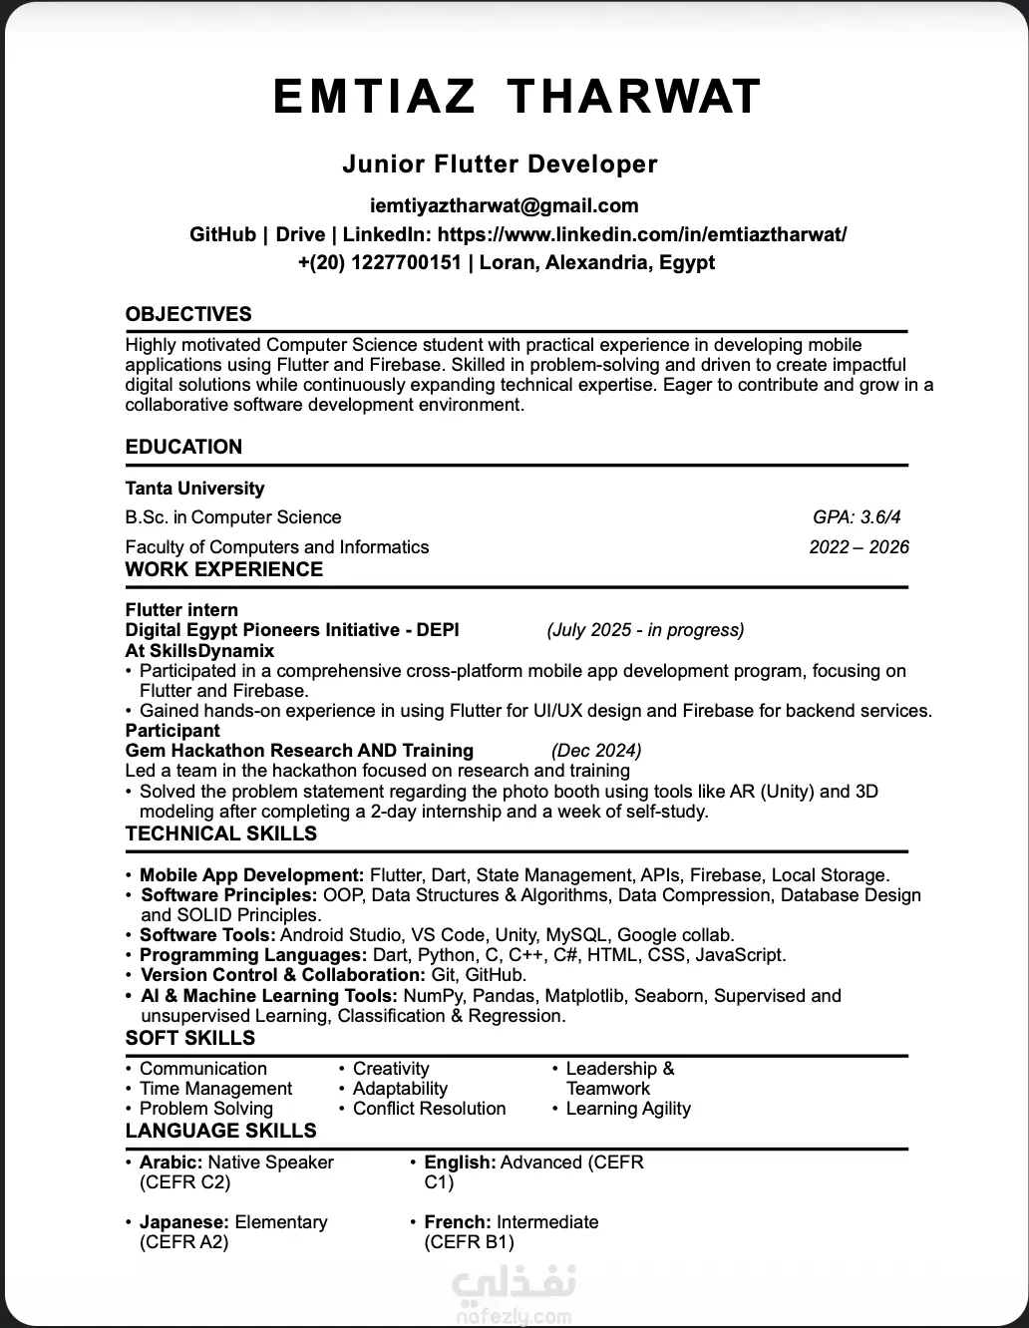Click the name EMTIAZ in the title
pos(374,97)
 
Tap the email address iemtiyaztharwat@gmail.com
pos(504,206)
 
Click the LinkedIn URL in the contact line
pos(642,235)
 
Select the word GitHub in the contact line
pos(222,235)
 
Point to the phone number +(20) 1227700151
pos(379,263)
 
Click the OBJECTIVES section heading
pos(188,314)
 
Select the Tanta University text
pos(194,489)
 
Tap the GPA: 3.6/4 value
pos(857,517)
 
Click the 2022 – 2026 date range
pos(858,547)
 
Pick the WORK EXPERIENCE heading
pos(224,570)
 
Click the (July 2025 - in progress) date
pos(645,630)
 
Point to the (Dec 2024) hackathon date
pos(596,751)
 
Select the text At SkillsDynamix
pos(199,651)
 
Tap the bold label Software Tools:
pos(207,935)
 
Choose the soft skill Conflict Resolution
pos(429,1109)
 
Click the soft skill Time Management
pos(215,1089)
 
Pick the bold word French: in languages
pos(458,1222)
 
